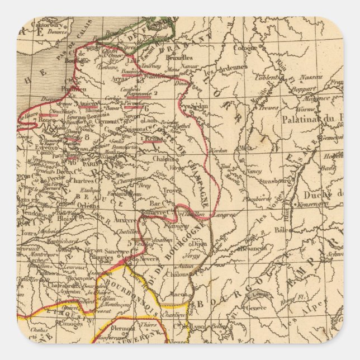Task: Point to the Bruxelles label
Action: (x=179, y=57)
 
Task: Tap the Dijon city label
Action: (x=198, y=244)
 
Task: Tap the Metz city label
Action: (x=244, y=148)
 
